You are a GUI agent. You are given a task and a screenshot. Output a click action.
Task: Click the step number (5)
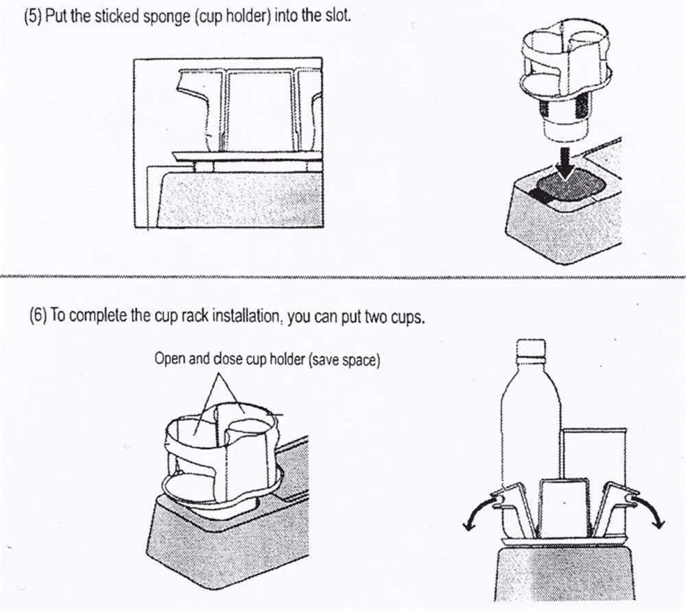point(33,16)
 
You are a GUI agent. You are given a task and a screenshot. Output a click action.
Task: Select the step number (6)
point(38,315)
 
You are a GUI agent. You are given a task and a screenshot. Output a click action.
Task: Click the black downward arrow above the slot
point(567,163)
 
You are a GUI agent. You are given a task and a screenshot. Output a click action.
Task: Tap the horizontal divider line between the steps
point(343,277)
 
